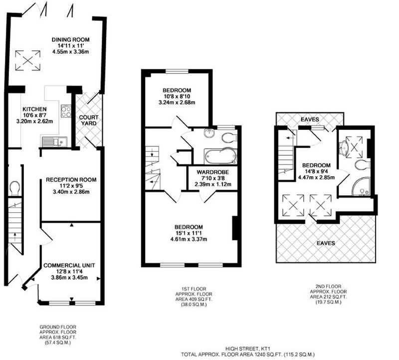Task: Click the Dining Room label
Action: (x=70, y=39)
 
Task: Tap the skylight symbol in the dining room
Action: (x=28, y=60)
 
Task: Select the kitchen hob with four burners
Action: (x=66, y=111)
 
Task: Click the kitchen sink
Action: (x=55, y=142)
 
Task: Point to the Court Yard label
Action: (x=89, y=120)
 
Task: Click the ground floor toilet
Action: (x=14, y=188)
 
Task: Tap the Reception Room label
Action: (x=71, y=180)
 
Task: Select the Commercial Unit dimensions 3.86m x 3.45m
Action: (x=69, y=278)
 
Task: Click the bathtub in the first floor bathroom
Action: (x=220, y=156)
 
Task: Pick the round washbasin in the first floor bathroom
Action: (x=209, y=133)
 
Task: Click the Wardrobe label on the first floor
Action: (x=213, y=172)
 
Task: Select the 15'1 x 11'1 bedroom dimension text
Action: (x=189, y=233)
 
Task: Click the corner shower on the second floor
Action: (x=361, y=187)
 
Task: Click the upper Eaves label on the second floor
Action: (x=310, y=119)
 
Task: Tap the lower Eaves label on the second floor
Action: (x=326, y=243)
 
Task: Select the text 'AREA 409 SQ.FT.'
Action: (x=194, y=299)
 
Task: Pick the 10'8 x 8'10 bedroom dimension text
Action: (x=177, y=96)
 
